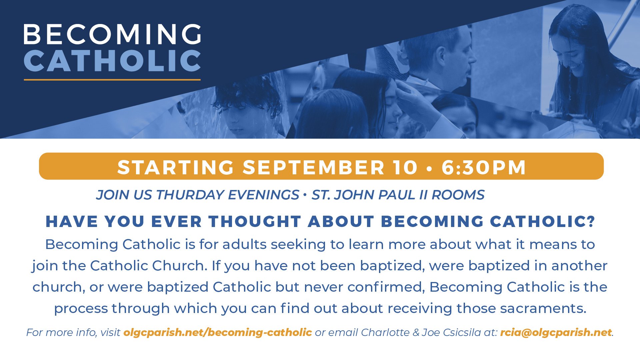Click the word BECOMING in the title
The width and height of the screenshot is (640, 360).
(x=112, y=34)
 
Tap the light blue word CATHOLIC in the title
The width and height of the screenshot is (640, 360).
(x=112, y=61)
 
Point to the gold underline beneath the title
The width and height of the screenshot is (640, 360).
(x=112, y=80)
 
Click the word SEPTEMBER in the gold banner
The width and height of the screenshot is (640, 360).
(x=314, y=167)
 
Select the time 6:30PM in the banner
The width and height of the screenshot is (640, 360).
(x=484, y=167)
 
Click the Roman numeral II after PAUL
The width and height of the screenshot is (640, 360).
(x=423, y=195)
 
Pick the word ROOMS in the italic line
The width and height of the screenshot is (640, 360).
(x=458, y=195)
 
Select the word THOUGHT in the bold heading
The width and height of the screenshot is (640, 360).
(x=255, y=222)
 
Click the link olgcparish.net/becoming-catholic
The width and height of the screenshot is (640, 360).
(x=218, y=333)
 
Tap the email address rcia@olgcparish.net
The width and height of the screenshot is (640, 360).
(x=556, y=333)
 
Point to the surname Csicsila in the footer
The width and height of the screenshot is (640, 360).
(x=460, y=332)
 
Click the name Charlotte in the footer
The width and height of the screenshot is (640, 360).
(x=385, y=332)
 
